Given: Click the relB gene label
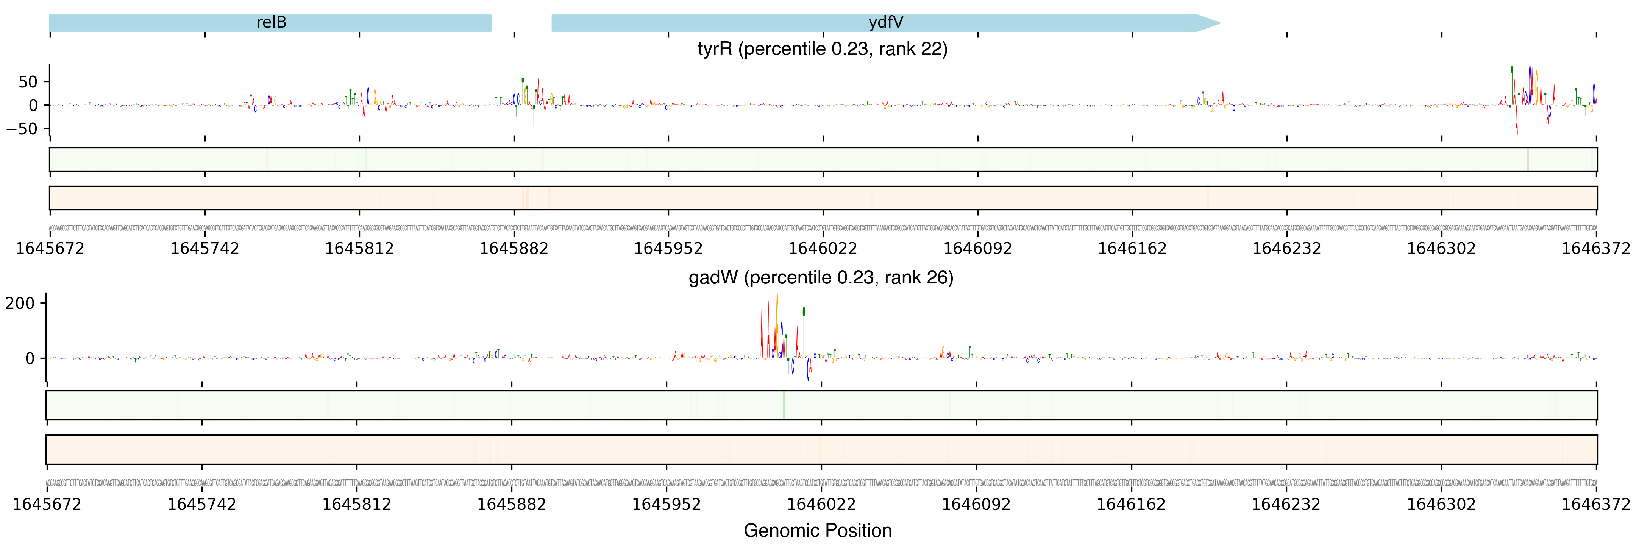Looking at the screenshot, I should pyautogui.click(x=271, y=23).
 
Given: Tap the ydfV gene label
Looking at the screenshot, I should pyautogui.click(x=885, y=23).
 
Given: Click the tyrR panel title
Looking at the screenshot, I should pyautogui.click(x=823, y=49).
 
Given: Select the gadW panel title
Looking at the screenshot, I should pyautogui.click(x=821, y=278).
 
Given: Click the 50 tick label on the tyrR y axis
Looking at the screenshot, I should pyautogui.click(x=28, y=82).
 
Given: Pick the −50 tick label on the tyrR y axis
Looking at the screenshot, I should pyautogui.click(x=23, y=129).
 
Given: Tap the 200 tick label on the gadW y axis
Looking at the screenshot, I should pyautogui.click(x=20, y=303).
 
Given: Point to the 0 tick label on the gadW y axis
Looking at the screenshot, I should pyautogui.click(x=30, y=358).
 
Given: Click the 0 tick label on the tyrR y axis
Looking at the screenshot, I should pyautogui.click(x=34, y=105).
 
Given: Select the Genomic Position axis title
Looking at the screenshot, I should pyautogui.click(x=817, y=530).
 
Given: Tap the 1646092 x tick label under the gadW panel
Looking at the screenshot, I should pyautogui.click(x=976, y=505).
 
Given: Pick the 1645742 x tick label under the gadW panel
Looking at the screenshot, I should pyautogui.click(x=201, y=505).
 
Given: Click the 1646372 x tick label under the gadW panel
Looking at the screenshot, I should pyautogui.click(x=1595, y=505).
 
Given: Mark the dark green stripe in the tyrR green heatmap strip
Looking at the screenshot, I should pyautogui.click(x=1527, y=159).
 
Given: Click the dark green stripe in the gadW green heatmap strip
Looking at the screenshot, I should pyautogui.click(x=784, y=405).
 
